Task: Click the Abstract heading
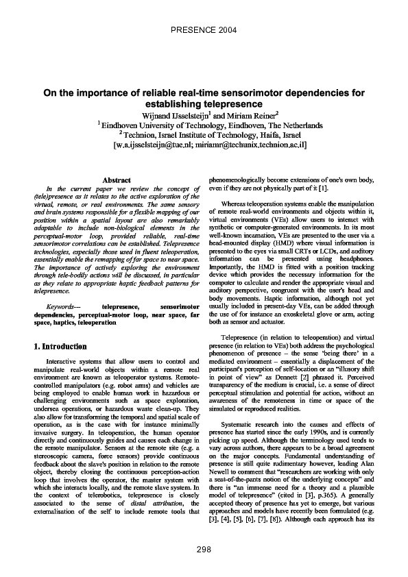click(116, 179)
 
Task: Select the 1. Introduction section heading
click(60, 347)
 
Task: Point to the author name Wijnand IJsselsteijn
click(180, 115)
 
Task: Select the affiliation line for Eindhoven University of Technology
click(204, 125)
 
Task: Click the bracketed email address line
click(204, 145)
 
